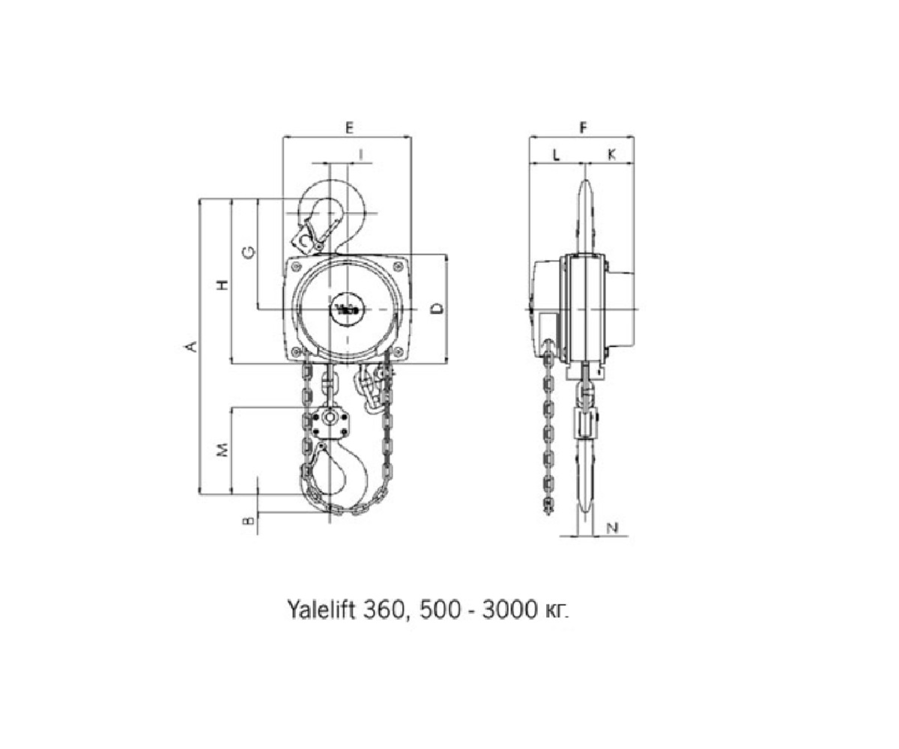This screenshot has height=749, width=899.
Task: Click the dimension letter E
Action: [x=349, y=127]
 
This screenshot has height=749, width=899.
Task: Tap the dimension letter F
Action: [x=583, y=127]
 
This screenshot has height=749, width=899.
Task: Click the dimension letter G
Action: [x=249, y=252]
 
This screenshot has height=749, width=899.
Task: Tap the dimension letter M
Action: [x=223, y=450]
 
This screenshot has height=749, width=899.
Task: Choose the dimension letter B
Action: [x=249, y=521]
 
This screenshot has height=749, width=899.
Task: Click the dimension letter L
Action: [x=556, y=155]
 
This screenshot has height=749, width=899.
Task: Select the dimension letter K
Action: [x=611, y=155]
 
